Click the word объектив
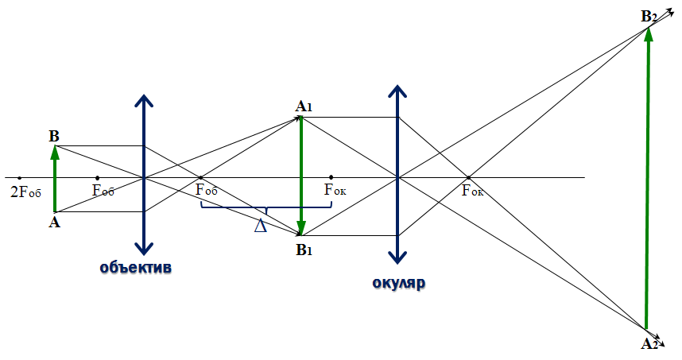pyautogui.click(x=136, y=267)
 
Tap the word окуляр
pyautogui.click(x=399, y=283)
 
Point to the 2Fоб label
pyautogui.click(x=25, y=192)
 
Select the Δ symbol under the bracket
pyautogui.click(x=261, y=225)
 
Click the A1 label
pyautogui.click(x=304, y=106)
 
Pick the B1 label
pyautogui.click(x=304, y=250)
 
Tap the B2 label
pyautogui.click(x=649, y=17)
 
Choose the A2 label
pyautogui.click(x=649, y=344)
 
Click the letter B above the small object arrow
pyautogui.click(x=54, y=137)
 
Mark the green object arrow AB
pyautogui.click(x=55, y=178)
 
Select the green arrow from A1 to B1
pyautogui.click(x=301, y=176)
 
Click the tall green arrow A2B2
pyautogui.click(x=647, y=178)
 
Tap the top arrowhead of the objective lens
pyautogui.click(x=144, y=100)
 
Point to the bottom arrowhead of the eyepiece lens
pyautogui.click(x=397, y=257)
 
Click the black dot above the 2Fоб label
pyautogui.click(x=20, y=178)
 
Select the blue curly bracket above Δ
pyautogui.click(x=266, y=209)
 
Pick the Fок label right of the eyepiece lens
pyautogui.click(x=472, y=191)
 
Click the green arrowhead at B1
pyautogui.click(x=301, y=228)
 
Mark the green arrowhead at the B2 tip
pyautogui.click(x=649, y=34)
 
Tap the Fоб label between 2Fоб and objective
pyautogui.click(x=103, y=190)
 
